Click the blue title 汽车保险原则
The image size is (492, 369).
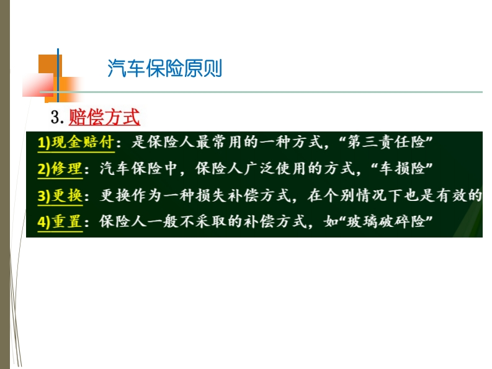click(x=165, y=68)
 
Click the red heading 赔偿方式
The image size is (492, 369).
click(x=104, y=117)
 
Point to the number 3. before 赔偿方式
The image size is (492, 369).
click(x=58, y=117)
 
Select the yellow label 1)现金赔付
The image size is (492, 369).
click(x=76, y=142)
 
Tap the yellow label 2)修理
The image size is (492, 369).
click(x=60, y=169)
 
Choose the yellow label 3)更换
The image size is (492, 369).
click(x=60, y=195)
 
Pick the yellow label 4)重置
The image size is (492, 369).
click(x=60, y=222)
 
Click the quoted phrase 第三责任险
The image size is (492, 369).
click(x=386, y=142)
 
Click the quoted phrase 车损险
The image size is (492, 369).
click(x=401, y=169)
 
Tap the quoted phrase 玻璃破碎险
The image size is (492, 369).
click(x=386, y=222)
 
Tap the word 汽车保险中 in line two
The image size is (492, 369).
click(x=138, y=169)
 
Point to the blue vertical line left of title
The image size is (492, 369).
click(x=58, y=75)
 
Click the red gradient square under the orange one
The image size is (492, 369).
click(x=38, y=85)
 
